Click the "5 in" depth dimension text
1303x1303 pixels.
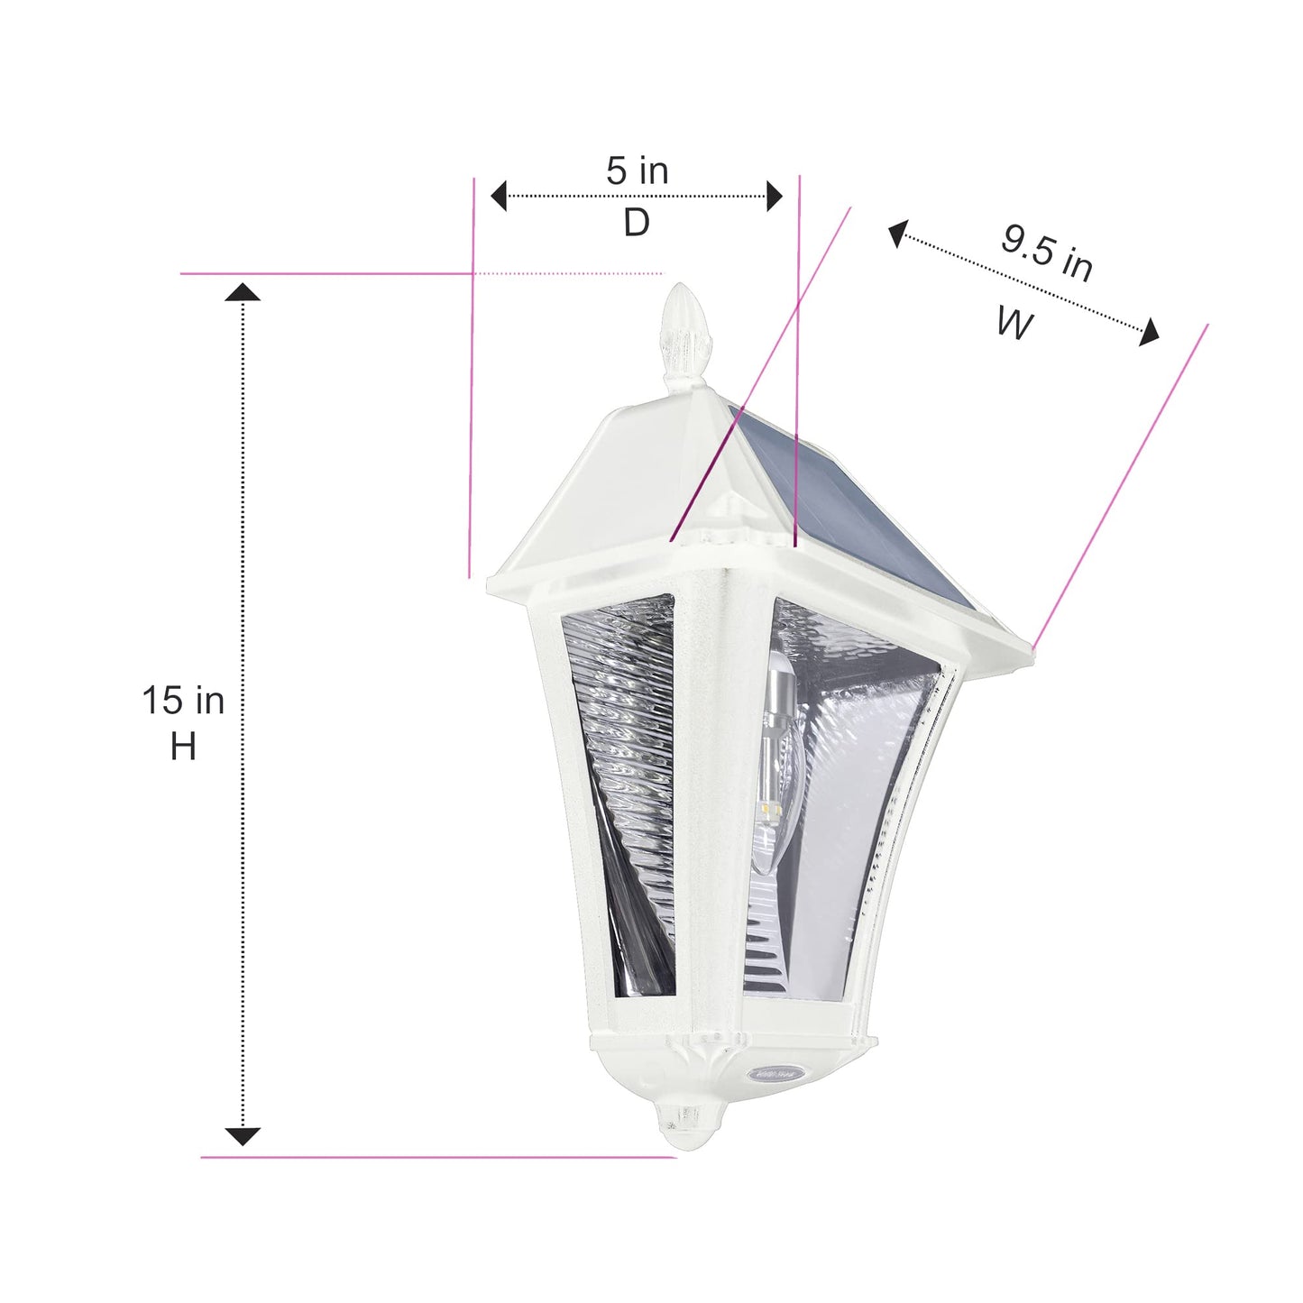(x=637, y=170)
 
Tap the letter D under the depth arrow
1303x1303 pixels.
(x=637, y=222)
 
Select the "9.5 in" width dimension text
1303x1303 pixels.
(x=1046, y=252)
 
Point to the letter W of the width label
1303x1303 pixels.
(x=1014, y=323)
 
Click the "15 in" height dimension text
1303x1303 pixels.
(x=183, y=701)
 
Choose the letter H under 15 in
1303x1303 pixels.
(x=183, y=747)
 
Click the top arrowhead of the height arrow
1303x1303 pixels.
(x=243, y=292)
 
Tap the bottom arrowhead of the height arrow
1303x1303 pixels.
(x=243, y=1136)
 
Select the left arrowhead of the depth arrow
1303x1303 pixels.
(x=499, y=196)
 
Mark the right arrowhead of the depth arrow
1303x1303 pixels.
(x=774, y=196)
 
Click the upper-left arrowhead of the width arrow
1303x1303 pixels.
(x=897, y=234)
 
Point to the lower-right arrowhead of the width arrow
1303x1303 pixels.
(x=1149, y=333)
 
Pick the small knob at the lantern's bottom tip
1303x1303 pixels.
(x=684, y=1118)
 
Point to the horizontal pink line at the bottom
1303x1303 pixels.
(x=437, y=1157)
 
